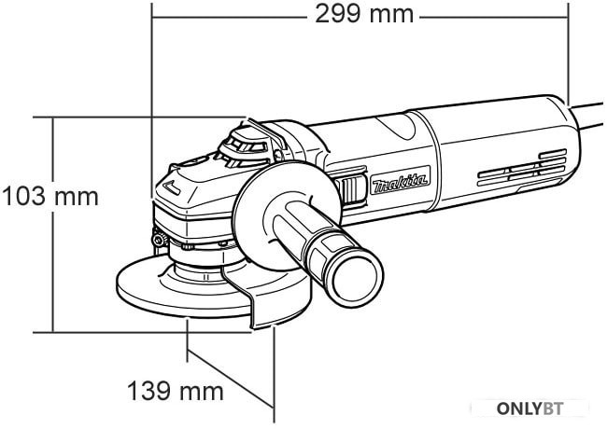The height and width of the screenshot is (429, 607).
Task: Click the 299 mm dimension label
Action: click(364, 15)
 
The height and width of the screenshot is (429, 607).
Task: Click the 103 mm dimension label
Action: click(50, 197)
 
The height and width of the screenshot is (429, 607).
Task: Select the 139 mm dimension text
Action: click(176, 391)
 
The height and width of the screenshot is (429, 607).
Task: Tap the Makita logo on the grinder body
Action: click(401, 180)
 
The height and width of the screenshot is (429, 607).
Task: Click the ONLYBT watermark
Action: click(529, 408)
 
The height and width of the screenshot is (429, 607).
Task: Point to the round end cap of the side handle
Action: click(357, 277)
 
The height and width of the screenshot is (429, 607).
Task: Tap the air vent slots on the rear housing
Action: click(522, 167)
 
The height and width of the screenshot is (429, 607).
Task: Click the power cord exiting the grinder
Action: click(588, 115)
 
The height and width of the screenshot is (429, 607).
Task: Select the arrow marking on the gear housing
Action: click(171, 187)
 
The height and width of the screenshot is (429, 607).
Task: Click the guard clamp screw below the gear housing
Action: click(160, 241)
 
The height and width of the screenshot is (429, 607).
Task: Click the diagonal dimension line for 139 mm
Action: click(231, 379)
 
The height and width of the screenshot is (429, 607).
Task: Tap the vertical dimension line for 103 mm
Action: click(52, 225)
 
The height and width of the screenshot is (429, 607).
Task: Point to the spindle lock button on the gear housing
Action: click(195, 161)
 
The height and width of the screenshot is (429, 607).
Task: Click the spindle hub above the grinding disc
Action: click(202, 268)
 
